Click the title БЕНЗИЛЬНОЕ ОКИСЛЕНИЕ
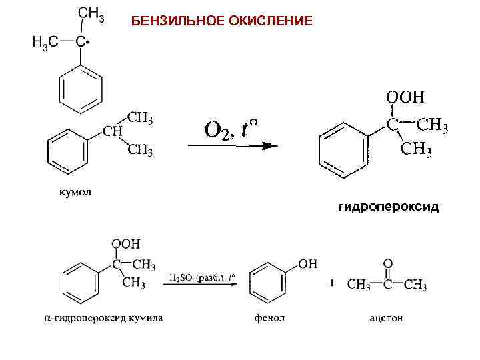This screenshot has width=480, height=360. click(x=221, y=21)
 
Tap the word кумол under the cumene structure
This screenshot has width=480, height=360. click(x=73, y=193)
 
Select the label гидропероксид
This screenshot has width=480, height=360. click(x=389, y=207)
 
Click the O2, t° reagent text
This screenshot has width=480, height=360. click(x=231, y=127)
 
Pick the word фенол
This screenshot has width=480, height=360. click(x=269, y=318)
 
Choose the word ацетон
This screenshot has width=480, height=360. click(x=387, y=318)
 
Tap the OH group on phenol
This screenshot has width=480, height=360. click(x=307, y=263)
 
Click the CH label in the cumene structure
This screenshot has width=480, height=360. click(x=111, y=131)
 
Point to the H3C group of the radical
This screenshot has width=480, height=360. click(x=45, y=42)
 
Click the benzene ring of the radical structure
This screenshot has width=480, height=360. click(x=80, y=89)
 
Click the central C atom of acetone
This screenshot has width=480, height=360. click(x=387, y=285)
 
